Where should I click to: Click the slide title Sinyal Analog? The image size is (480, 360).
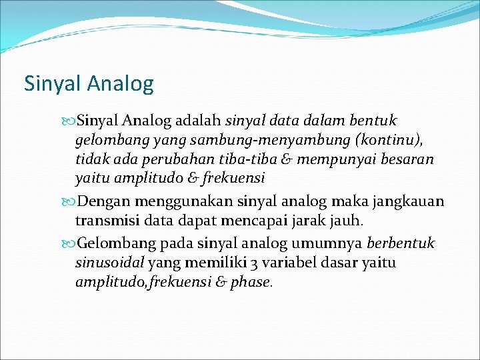point(89,83)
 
